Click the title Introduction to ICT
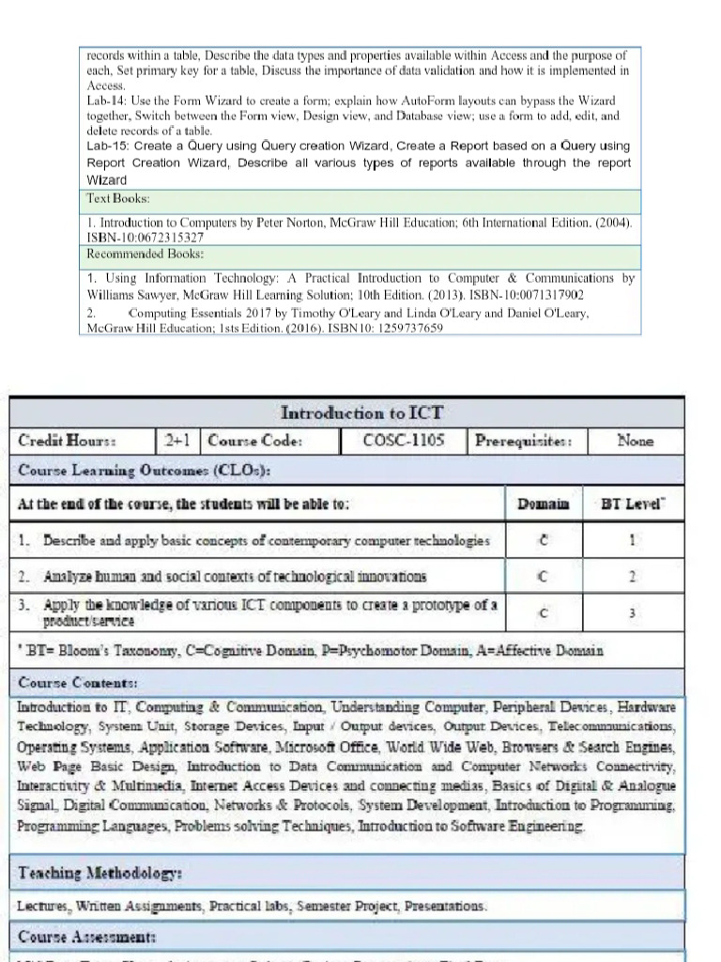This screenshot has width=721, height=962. [361, 412]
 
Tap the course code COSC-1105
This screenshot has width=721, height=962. [403, 440]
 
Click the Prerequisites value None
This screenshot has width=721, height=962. [635, 440]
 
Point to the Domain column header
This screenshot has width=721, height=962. [543, 504]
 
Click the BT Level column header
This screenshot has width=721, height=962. [633, 504]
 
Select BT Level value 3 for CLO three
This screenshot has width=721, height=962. [632, 613]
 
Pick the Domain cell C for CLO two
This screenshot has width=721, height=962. [543, 577]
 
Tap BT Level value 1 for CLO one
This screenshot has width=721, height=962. [632, 541]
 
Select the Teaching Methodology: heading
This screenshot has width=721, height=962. [100, 873]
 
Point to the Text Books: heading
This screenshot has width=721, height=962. [118, 199]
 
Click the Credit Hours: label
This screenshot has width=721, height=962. [67, 441]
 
